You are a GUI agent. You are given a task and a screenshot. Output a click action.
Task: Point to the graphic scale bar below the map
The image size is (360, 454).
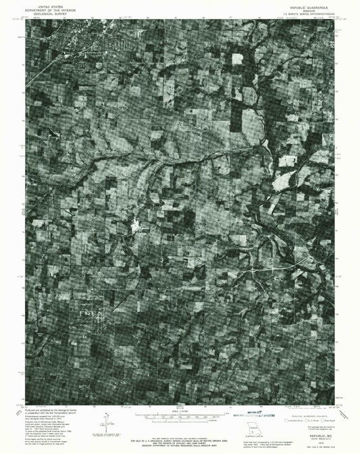pyautogui.click(x=180, y=416)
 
